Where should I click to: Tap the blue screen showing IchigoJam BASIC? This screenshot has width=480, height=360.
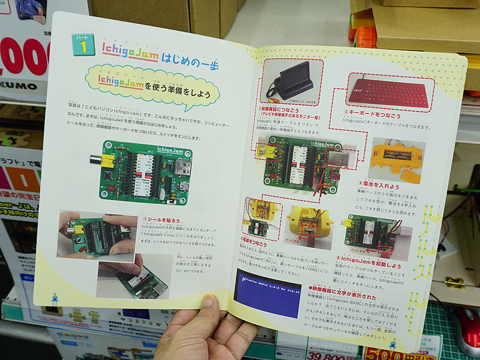tap(268, 292)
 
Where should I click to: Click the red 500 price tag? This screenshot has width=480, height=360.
tap(384, 353)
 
